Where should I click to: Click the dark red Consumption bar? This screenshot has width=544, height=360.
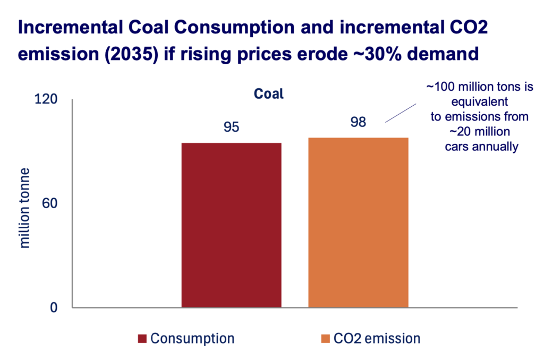(x=231, y=225)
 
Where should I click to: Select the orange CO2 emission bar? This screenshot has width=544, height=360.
(x=358, y=222)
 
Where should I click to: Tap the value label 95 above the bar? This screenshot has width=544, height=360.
(x=231, y=127)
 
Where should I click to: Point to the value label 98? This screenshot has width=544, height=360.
(x=358, y=122)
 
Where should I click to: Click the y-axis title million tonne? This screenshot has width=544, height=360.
(x=24, y=207)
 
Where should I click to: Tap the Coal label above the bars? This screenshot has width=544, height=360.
(x=268, y=95)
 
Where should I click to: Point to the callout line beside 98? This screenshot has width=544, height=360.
(x=401, y=113)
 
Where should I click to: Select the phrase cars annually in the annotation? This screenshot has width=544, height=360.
(x=481, y=147)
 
